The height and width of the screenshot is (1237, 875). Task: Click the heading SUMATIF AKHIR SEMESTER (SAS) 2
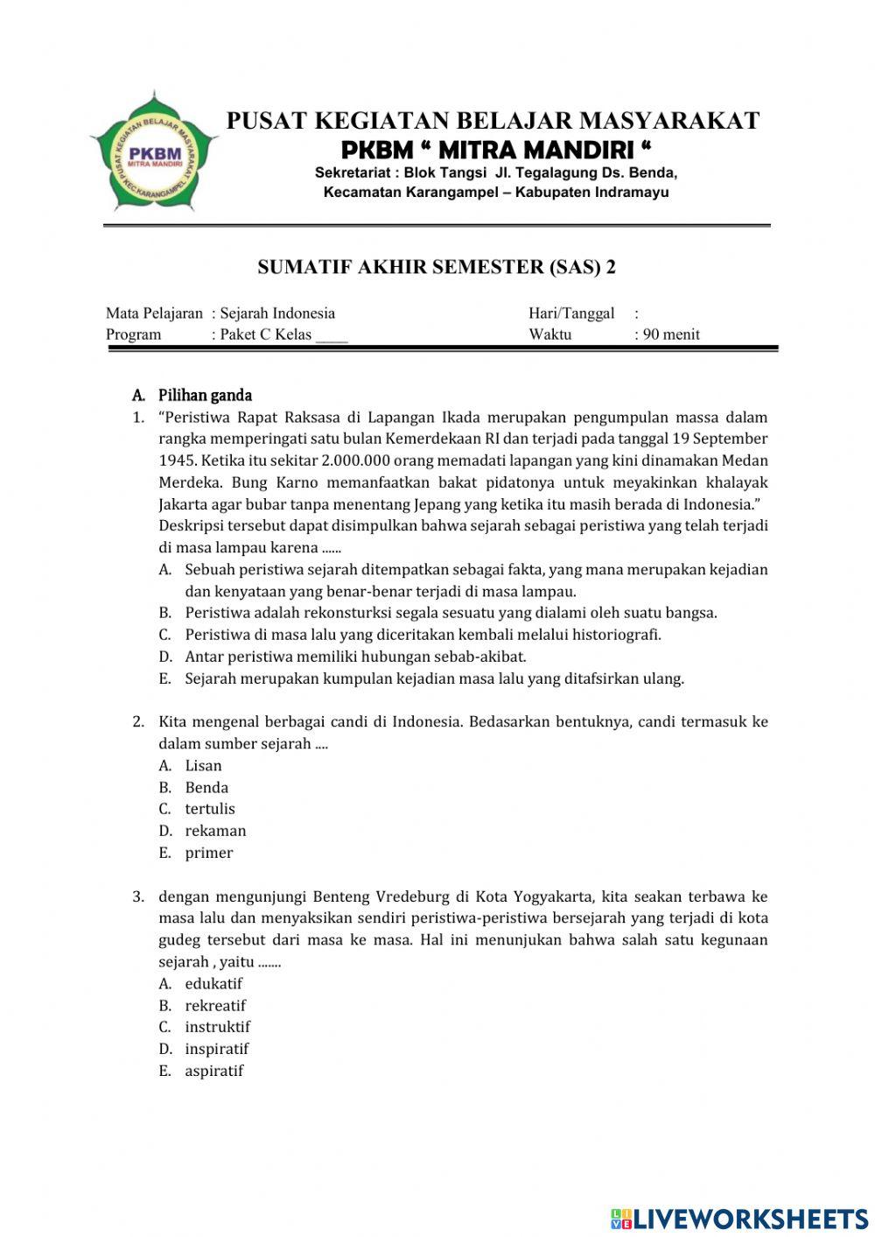coord(437,268)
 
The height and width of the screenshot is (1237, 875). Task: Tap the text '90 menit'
coord(671,334)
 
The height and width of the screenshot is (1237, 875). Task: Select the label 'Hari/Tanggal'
coord(571,313)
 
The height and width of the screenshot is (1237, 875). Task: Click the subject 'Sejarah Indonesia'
coord(277,313)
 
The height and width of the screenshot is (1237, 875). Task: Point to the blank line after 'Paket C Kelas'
coord(332,335)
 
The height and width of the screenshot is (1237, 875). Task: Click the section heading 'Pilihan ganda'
coord(205,396)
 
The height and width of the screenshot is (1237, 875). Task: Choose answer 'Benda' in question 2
coord(206,787)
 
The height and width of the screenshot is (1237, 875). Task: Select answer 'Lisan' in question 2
coord(203,765)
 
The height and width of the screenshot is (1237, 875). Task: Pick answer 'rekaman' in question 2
coord(215,831)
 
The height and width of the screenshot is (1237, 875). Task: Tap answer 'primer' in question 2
coord(209,853)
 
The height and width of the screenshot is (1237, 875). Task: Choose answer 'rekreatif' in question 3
coord(215,1005)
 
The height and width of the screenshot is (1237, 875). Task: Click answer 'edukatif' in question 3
coord(213,983)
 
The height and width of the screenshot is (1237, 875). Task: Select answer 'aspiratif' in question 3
coord(214,1071)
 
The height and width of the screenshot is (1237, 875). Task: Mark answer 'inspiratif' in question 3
coord(217,1049)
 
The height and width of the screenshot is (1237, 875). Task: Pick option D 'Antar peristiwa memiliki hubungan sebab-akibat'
coord(355,657)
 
